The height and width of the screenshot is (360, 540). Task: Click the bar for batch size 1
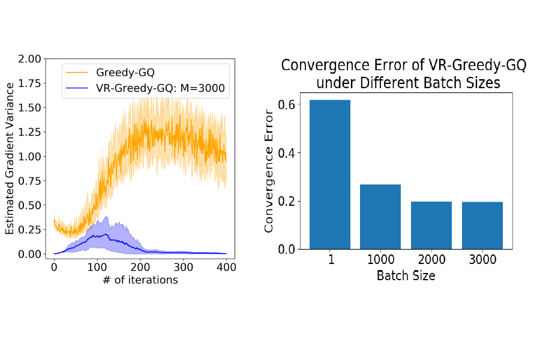330,174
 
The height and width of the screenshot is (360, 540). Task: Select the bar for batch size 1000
380,217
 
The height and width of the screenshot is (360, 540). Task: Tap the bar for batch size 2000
431,225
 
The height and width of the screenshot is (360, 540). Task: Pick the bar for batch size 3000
482,225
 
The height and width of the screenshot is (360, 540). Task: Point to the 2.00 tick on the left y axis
31,59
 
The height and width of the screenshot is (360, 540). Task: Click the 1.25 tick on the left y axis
31,132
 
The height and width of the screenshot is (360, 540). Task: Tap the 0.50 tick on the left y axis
31,205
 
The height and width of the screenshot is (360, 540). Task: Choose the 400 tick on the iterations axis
226,266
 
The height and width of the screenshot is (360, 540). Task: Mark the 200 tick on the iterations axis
140,266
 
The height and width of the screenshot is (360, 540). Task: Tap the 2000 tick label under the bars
431,261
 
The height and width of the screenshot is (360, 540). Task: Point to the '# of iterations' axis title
140,280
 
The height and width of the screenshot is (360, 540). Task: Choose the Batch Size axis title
406,276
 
